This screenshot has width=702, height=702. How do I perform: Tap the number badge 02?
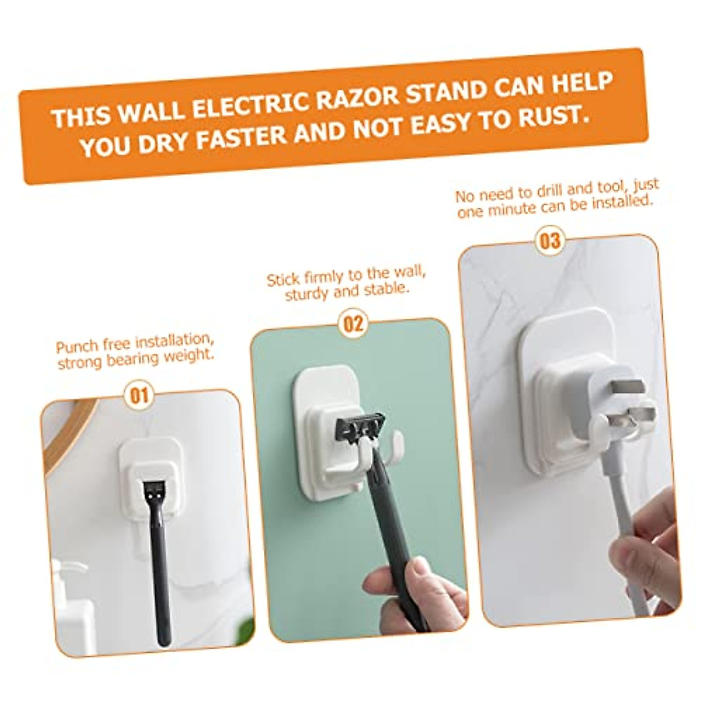tap(353, 323)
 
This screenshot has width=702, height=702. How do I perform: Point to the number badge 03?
tap(549, 240)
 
